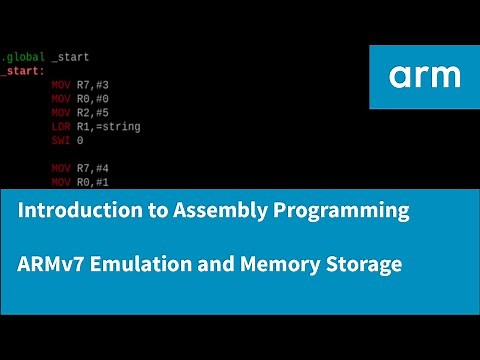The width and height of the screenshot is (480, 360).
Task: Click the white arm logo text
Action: (x=425, y=76)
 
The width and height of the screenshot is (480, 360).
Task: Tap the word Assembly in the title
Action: (x=198, y=211)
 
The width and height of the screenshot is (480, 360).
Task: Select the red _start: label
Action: (x=22, y=72)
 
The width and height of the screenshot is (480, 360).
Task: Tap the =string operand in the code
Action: (x=120, y=127)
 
